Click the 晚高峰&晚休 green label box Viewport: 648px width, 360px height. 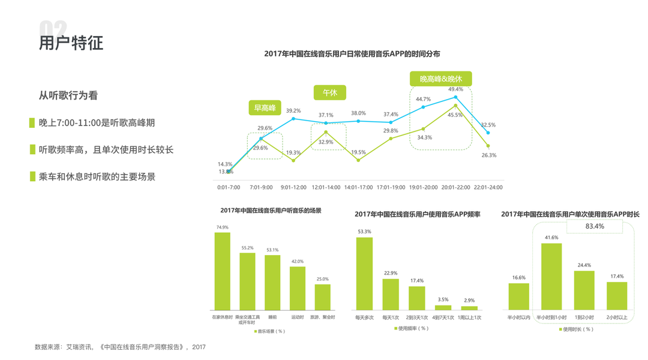(441, 79)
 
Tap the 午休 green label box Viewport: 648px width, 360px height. (329, 93)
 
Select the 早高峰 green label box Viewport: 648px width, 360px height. (265, 108)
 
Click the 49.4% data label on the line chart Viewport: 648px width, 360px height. (455, 89)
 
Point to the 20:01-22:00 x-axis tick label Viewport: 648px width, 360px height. (455, 187)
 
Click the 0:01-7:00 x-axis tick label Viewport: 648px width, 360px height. (229, 187)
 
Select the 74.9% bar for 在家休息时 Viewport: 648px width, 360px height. (223, 271)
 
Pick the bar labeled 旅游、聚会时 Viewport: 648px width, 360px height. (323, 297)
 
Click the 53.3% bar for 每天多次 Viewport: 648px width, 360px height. (364, 274)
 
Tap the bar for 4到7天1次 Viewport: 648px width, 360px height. (443, 308)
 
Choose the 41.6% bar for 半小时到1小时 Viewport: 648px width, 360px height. (551, 277)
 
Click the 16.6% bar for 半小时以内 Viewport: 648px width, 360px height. (519, 296)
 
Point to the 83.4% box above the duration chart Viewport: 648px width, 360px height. (595, 227)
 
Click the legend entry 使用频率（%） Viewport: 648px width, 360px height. (411, 329)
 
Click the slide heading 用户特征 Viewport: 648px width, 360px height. (71, 43)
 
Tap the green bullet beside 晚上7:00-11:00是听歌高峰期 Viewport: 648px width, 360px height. (32, 122)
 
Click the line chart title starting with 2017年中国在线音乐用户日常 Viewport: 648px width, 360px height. (352, 54)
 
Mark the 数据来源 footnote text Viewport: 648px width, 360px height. (120, 347)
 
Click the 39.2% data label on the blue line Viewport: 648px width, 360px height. (293, 111)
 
